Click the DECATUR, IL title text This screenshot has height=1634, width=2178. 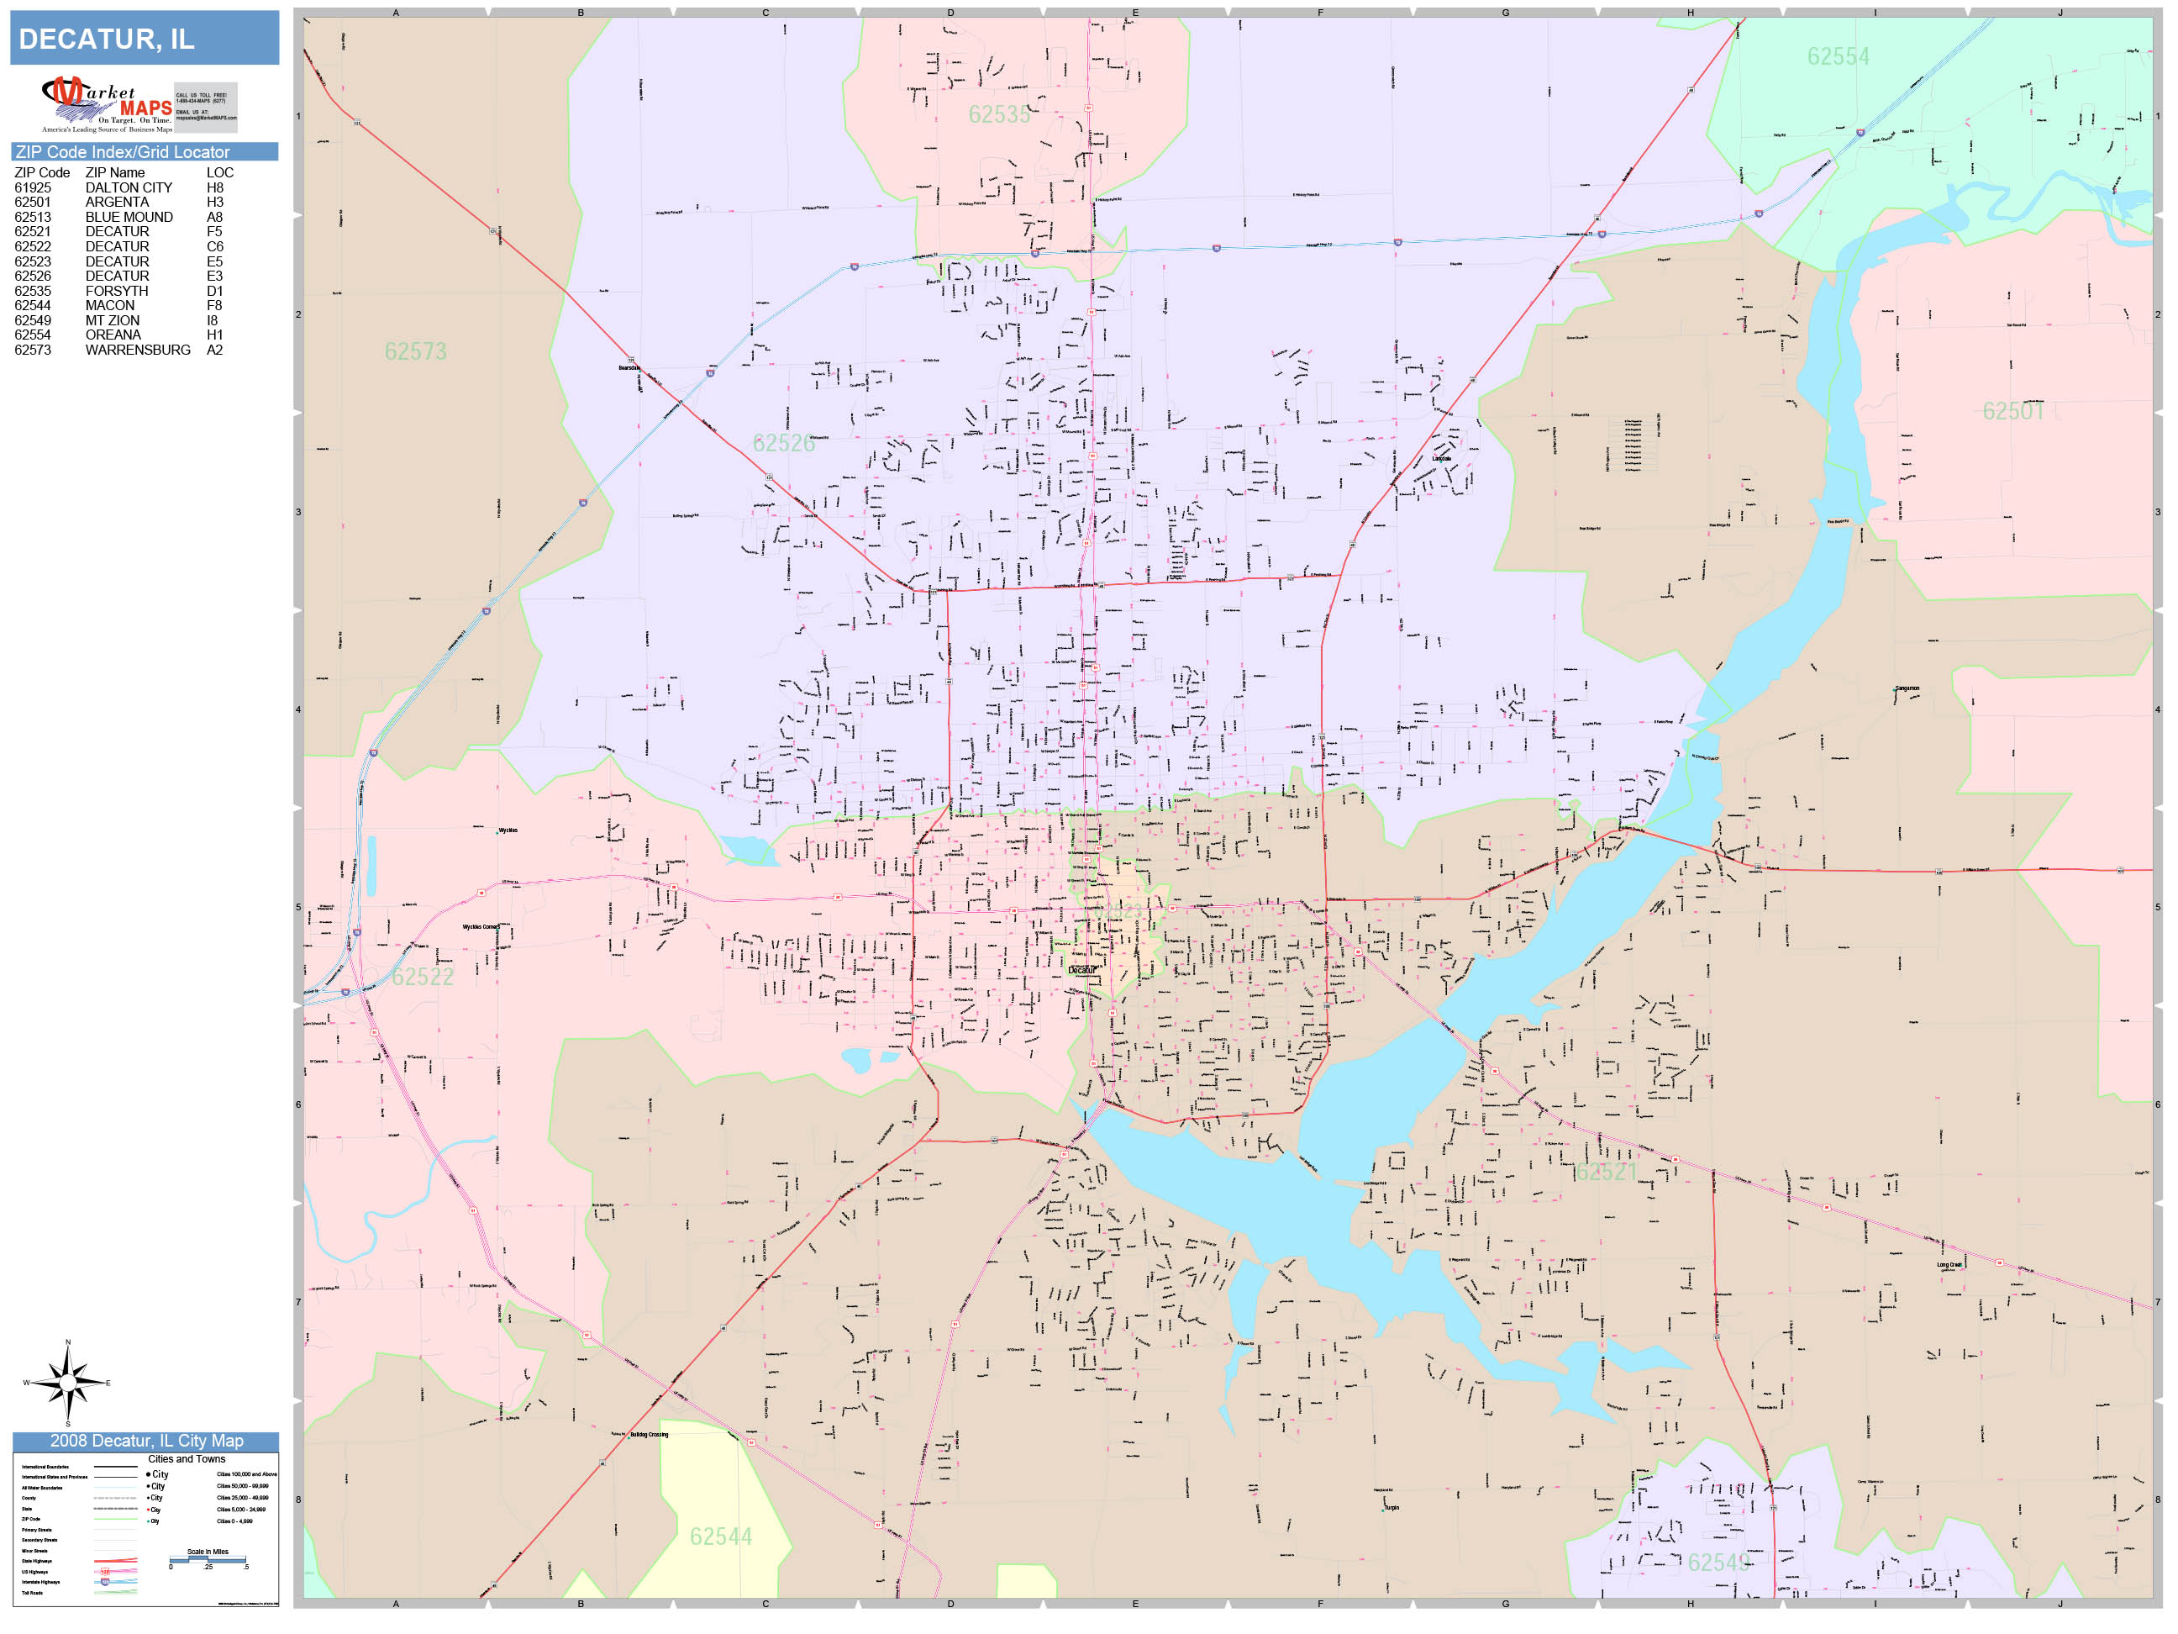(x=107, y=40)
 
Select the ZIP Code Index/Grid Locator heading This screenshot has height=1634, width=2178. (x=122, y=151)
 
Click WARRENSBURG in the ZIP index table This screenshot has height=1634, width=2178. (x=138, y=350)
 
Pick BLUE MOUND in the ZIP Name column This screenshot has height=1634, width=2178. (x=129, y=217)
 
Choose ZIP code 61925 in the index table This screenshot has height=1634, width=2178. (x=33, y=187)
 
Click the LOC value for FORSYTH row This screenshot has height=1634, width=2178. (x=214, y=291)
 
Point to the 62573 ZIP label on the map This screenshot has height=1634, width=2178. (x=415, y=351)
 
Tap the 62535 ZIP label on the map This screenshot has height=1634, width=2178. (x=998, y=114)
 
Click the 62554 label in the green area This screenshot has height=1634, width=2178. (x=1838, y=56)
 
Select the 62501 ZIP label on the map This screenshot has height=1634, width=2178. (x=2012, y=411)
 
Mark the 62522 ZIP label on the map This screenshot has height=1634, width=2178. (x=423, y=976)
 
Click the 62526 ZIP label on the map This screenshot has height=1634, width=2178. (x=784, y=443)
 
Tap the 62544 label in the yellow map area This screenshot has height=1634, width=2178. (x=721, y=1536)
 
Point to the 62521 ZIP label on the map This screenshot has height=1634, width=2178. (x=1606, y=1171)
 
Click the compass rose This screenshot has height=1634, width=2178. (x=68, y=1383)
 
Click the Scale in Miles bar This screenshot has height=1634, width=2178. (x=208, y=1559)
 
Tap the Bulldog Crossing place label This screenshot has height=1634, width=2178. (x=649, y=1434)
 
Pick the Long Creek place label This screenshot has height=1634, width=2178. (x=1949, y=1265)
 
